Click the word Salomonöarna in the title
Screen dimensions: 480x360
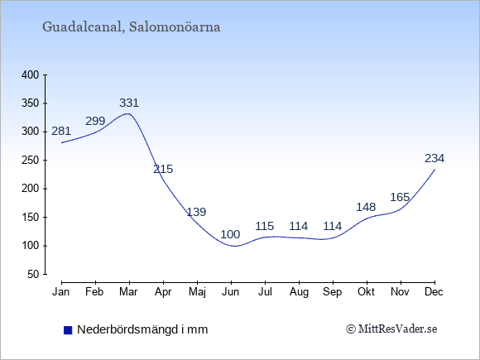[175, 26]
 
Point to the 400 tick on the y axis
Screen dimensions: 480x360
[31, 74]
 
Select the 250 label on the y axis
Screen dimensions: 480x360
[31, 160]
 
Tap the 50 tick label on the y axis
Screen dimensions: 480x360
[33, 274]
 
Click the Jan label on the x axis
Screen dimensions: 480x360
[61, 292]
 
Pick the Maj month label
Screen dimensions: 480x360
[197, 292]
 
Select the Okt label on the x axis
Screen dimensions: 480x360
[366, 292]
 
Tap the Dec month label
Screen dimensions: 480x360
[434, 292]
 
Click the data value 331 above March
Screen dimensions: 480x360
[129, 103]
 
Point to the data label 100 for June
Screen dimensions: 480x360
[230, 234]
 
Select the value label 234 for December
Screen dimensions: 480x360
[434, 158]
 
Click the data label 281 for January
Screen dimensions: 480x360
[61, 132]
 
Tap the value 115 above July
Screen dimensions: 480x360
[265, 226]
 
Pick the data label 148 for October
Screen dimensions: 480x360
[366, 207]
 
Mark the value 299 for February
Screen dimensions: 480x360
[95, 121]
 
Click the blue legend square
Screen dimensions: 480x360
[68, 330]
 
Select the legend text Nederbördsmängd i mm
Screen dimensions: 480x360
[142, 329]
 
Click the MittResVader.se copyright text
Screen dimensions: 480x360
[391, 329]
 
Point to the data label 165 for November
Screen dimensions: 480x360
[400, 198]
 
